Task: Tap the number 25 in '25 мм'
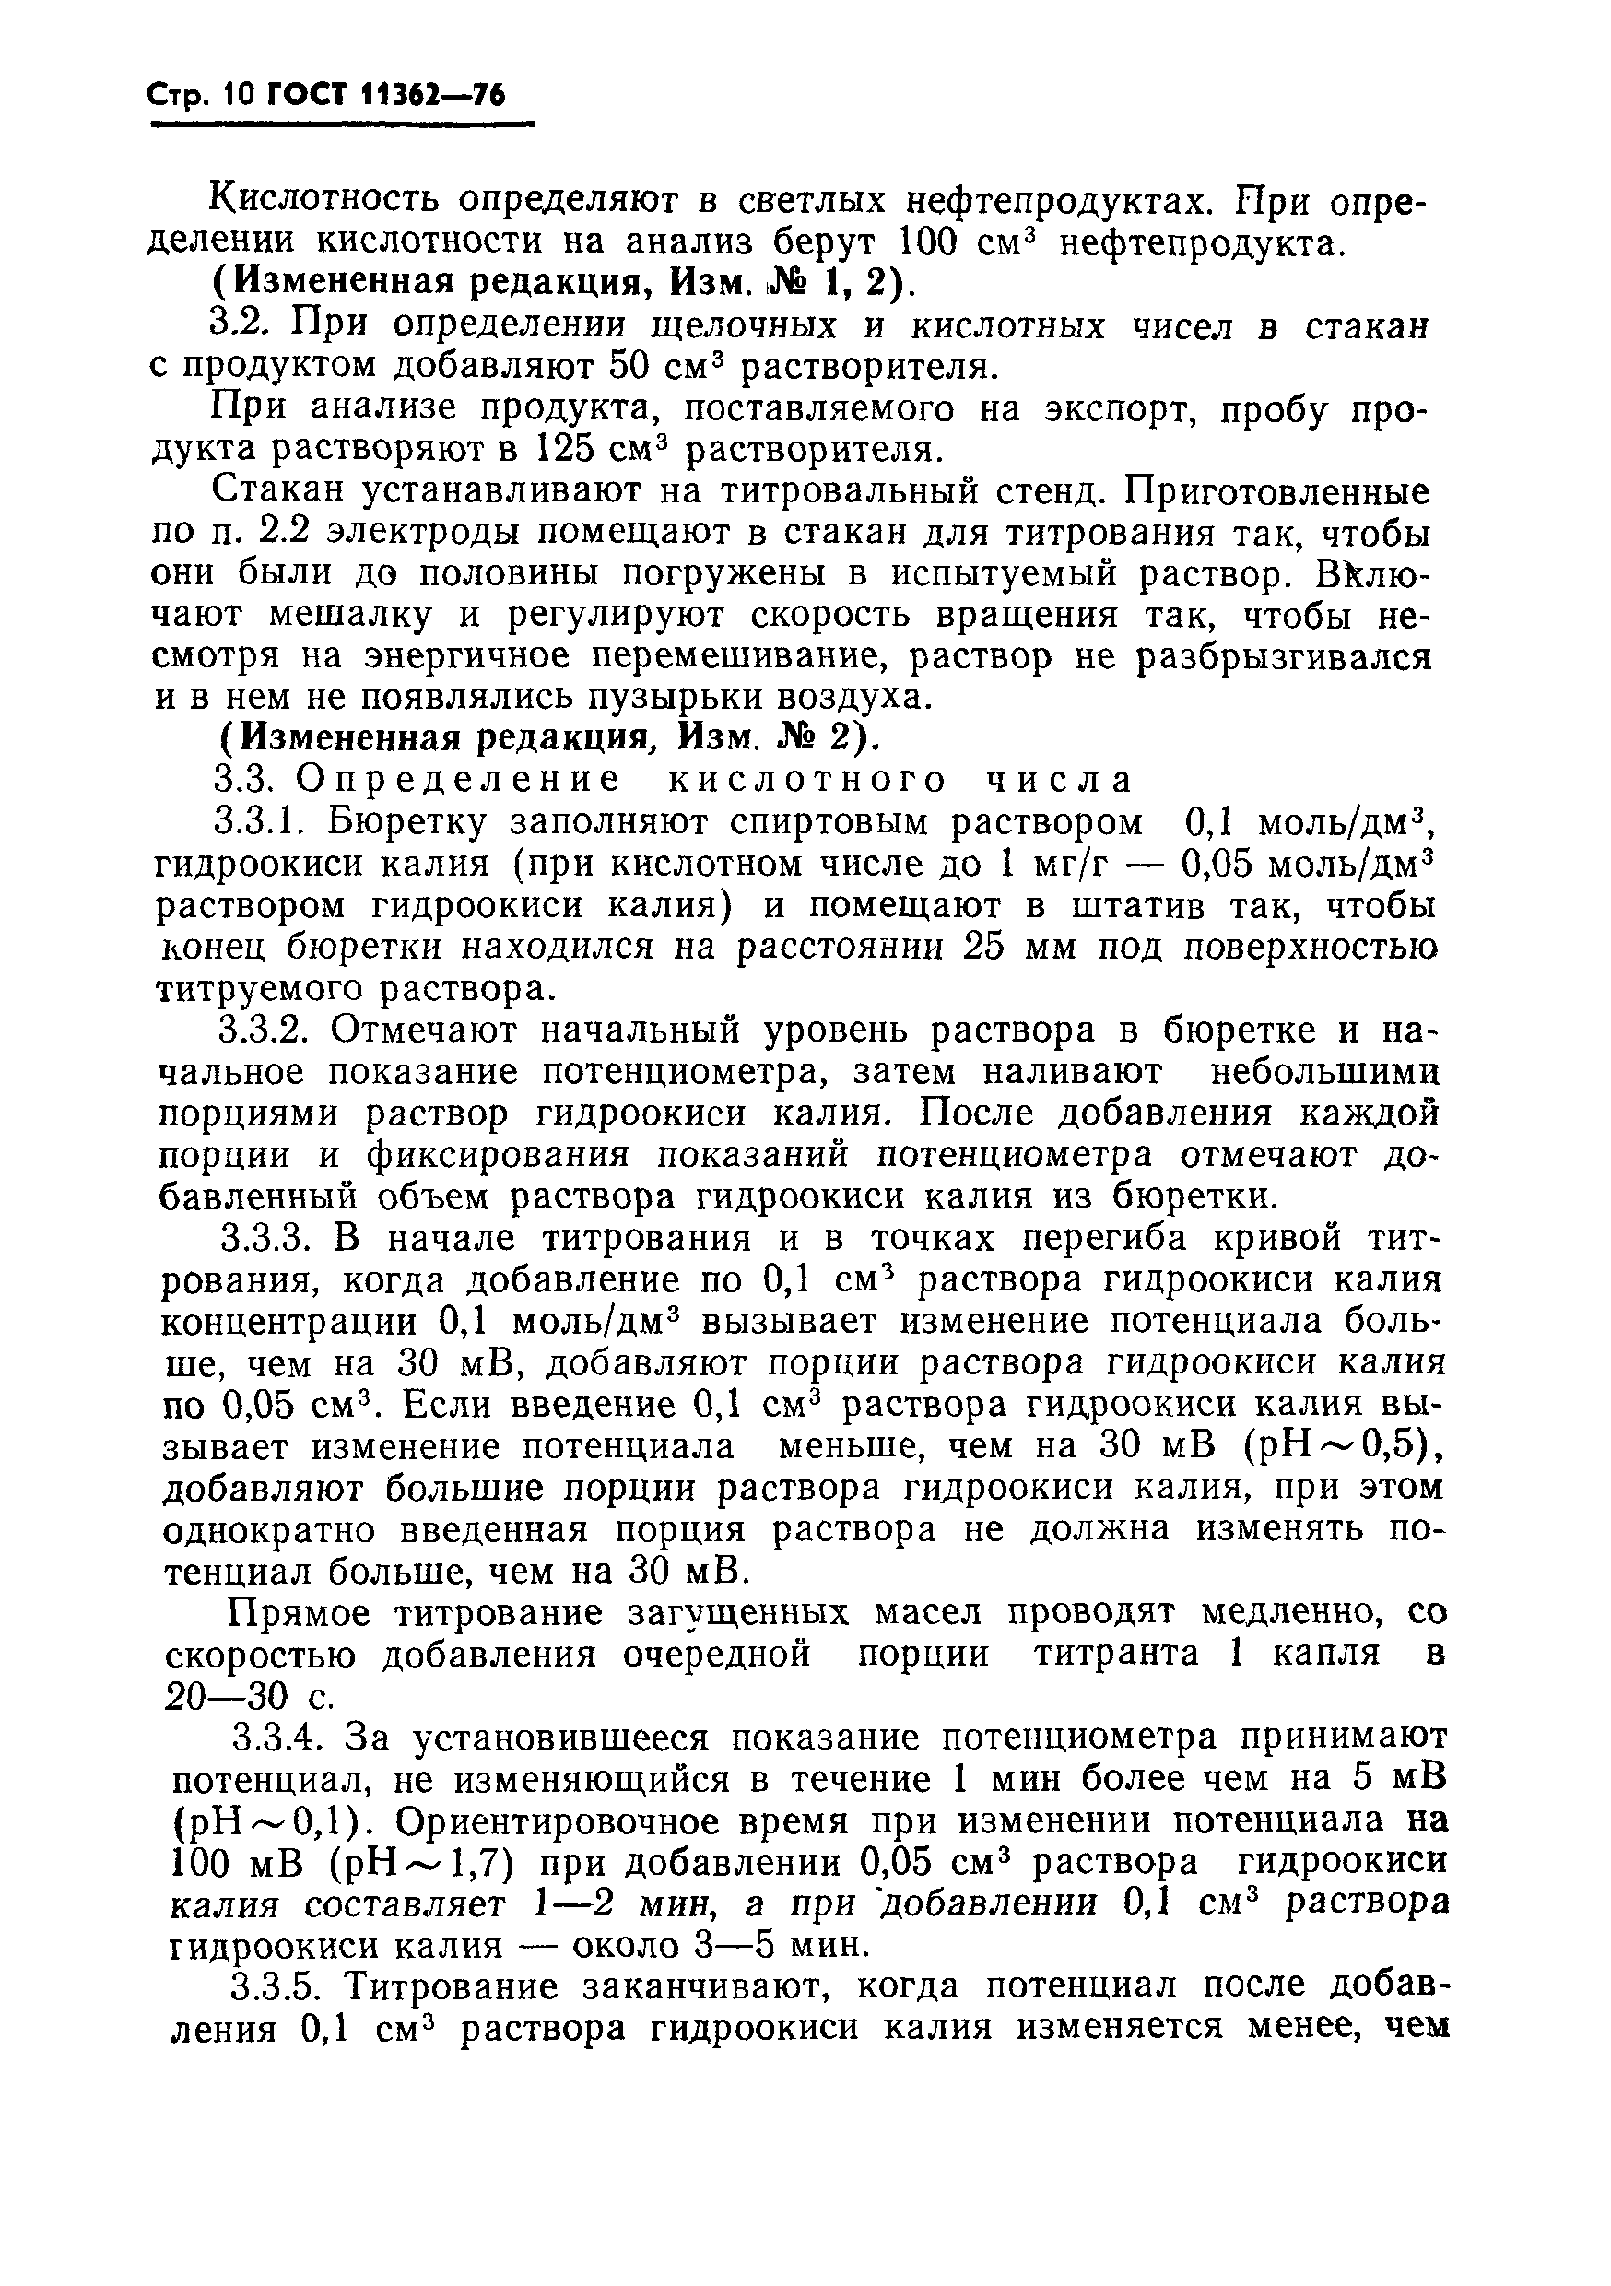[x=989, y=946]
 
